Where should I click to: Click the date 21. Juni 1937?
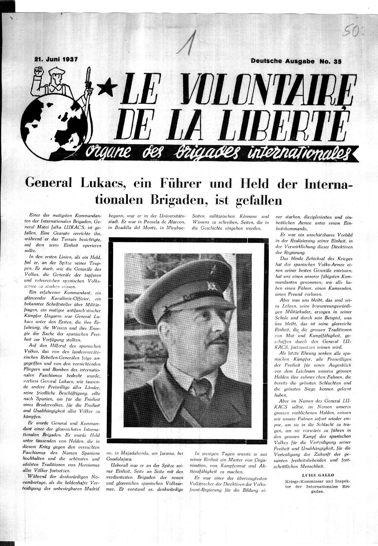(56, 59)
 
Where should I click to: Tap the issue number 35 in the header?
(337, 61)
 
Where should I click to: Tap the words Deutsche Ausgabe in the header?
(283, 61)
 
